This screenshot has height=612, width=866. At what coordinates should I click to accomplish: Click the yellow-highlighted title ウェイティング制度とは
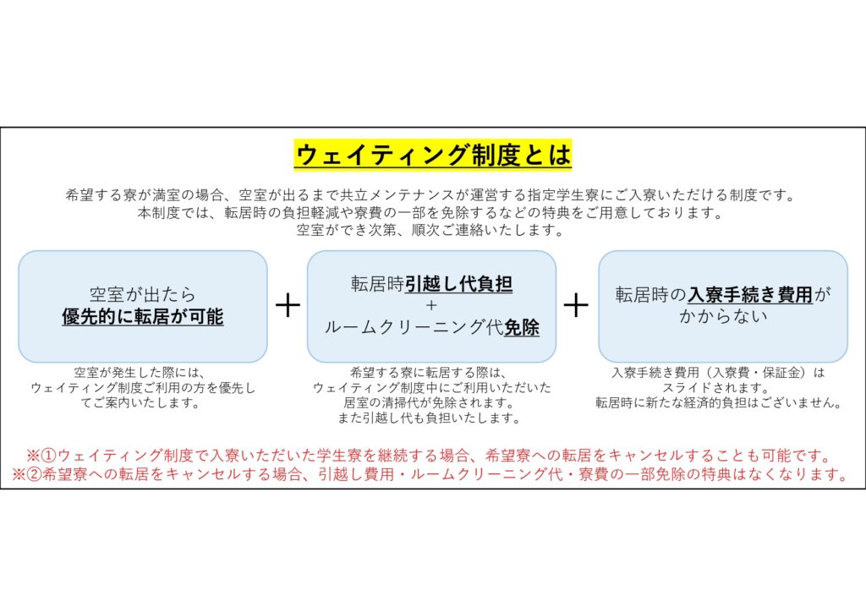(x=432, y=156)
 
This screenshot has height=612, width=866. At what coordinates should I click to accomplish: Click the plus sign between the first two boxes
(x=288, y=305)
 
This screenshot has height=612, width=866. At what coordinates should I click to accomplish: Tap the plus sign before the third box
(x=576, y=305)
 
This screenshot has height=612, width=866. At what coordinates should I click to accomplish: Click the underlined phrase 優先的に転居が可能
(x=143, y=317)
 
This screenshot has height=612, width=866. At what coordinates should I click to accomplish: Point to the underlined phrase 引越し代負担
(x=458, y=285)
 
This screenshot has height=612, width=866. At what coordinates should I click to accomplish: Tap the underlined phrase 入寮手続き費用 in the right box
(x=750, y=295)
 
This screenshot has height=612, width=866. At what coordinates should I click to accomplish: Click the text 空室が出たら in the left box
(x=143, y=294)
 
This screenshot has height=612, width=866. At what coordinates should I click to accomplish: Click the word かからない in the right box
(x=723, y=316)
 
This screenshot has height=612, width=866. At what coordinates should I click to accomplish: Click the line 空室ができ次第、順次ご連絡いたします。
(x=432, y=229)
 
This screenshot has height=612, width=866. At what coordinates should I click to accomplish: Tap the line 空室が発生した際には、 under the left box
(x=140, y=372)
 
